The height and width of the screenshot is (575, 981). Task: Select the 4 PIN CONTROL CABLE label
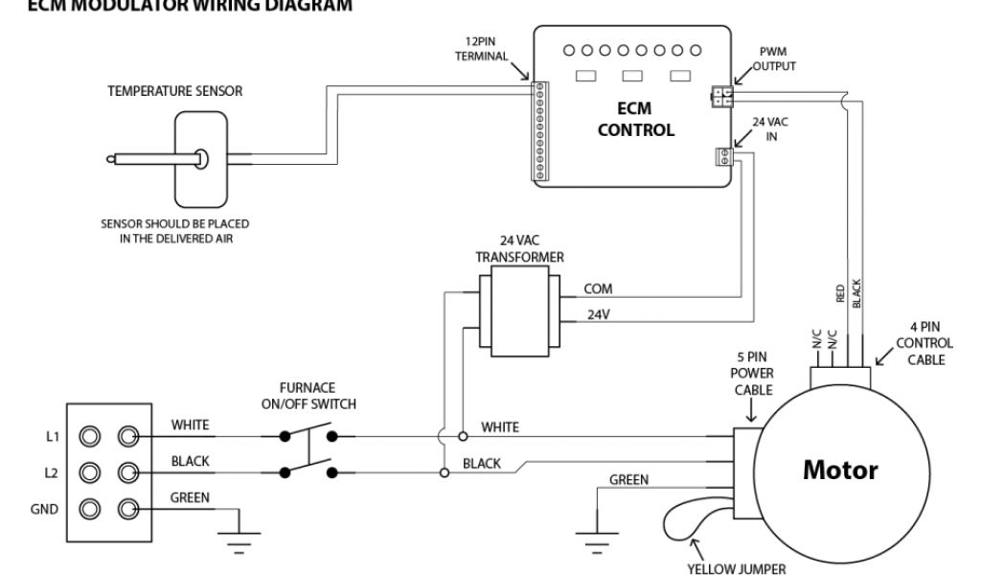pos(924,343)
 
